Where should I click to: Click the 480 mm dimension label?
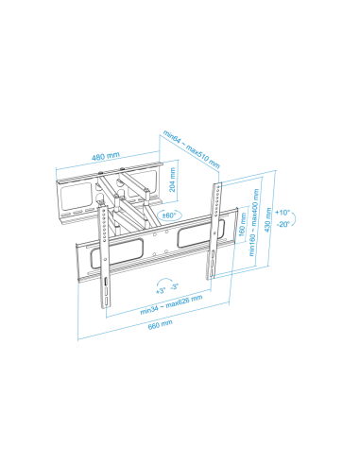106,156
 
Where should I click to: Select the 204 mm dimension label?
172,180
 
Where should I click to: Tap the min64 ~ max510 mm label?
191,149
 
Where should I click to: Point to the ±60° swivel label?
169,215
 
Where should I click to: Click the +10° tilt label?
283,213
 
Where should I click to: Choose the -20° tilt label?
283,224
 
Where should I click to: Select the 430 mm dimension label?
267,220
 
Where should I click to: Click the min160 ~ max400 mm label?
254,222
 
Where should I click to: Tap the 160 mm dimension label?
242,224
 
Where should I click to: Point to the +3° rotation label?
161,290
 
